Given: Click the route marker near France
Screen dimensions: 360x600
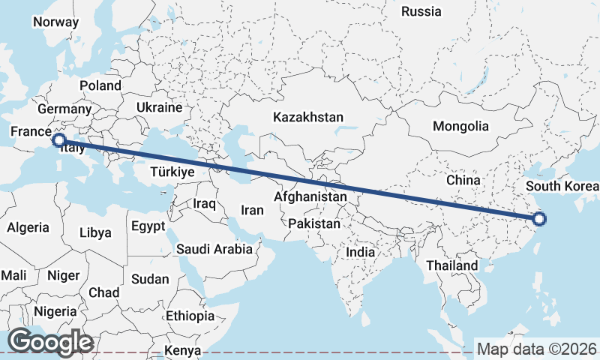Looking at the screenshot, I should point(58,139).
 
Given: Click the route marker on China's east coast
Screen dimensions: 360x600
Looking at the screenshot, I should point(539,219).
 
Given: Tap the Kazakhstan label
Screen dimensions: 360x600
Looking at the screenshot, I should point(308,117).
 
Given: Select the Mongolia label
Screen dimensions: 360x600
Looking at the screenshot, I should point(460,126).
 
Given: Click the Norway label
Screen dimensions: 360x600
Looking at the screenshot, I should point(55,22).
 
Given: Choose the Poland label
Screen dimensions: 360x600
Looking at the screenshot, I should point(100,85).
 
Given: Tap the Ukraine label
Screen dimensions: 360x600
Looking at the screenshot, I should point(159,107).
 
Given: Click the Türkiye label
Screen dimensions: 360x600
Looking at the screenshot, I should point(172,172).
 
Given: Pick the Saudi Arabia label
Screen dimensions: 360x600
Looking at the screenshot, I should point(214,249).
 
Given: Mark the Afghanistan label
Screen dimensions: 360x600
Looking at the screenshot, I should point(310,196).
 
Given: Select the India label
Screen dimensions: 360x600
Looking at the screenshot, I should point(360,253).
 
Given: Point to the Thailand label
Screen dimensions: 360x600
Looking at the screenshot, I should point(451,265).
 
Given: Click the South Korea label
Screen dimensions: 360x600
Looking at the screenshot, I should point(562,186).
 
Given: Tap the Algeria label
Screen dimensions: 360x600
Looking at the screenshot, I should point(28,227).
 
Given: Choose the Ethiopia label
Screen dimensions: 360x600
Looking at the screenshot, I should point(190,316).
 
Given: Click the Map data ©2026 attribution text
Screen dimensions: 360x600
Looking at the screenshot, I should point(537,349).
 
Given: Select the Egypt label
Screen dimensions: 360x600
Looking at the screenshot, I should point(148,226).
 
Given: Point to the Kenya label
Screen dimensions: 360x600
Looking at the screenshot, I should point(183,350).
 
